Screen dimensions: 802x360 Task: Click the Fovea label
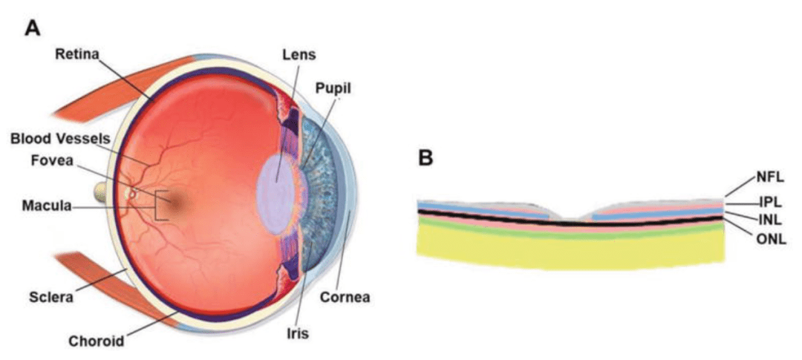pyautogui.click(x=52, y=161)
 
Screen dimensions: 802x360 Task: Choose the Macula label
pyautogui.click(x=46, y=206)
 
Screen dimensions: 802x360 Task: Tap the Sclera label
pyautogui.click(x=50, y=296)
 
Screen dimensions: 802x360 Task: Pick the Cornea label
pyautogui.click(x=345, y=296)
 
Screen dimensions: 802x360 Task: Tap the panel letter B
pyautogui.click(x=426, y=158)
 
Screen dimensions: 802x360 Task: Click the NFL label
pyautogui.click(x=770, y=178)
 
